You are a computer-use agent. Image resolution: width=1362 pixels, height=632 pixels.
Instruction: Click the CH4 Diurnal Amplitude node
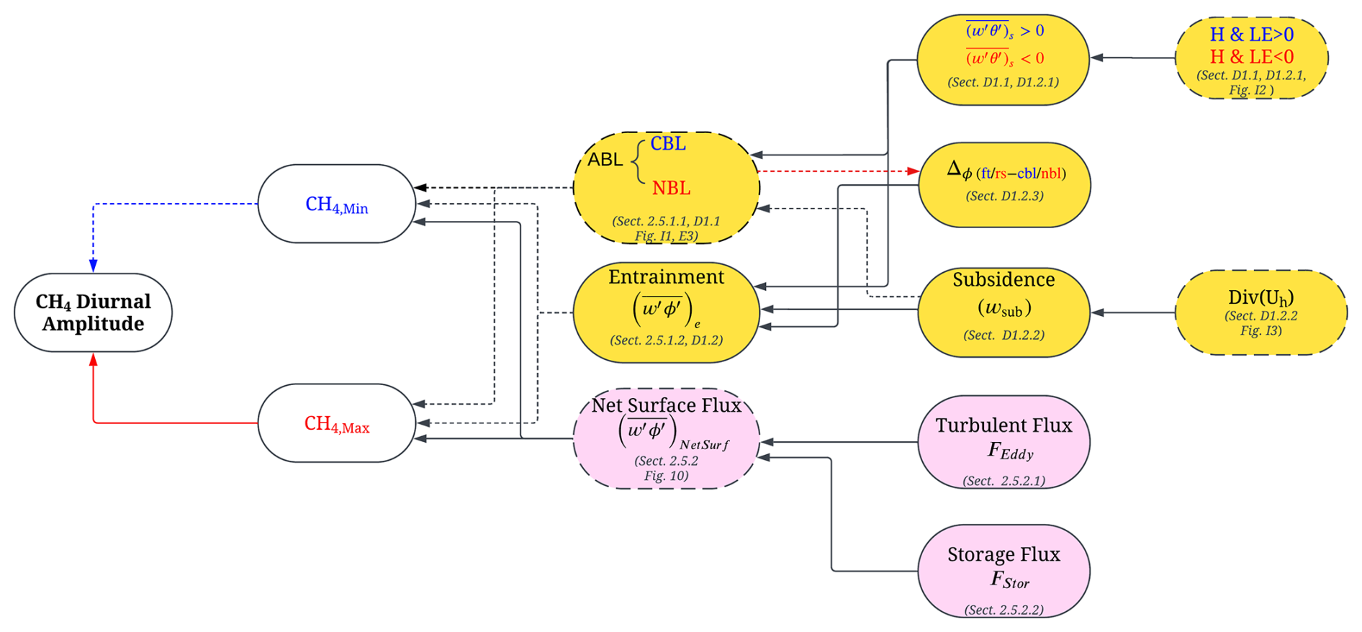(93, 312)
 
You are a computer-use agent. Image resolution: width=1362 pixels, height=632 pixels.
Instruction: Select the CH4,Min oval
(336, 204)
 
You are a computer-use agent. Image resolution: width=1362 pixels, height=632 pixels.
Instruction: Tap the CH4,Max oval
(336, 423)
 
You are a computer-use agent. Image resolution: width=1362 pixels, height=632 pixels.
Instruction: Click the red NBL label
(671, 189)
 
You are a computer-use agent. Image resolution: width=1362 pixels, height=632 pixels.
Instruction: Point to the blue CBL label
(668, 144)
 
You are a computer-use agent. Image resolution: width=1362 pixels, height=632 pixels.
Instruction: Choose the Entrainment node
(666, 311)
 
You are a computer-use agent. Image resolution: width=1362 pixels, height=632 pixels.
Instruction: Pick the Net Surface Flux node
(666, 438)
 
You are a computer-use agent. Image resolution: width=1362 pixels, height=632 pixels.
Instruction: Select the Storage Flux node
(1004, 571)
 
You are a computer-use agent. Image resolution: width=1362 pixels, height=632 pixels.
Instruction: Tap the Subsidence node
(1004, 312)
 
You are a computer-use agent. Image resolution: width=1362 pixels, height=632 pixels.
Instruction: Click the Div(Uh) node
(1260, 312)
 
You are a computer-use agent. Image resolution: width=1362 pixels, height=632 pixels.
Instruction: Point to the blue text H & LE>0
(1251, 35)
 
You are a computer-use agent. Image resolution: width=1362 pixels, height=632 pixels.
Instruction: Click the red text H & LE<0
(1251, 57)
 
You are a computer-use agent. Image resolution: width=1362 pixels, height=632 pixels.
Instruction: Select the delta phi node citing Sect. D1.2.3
(1004, 184)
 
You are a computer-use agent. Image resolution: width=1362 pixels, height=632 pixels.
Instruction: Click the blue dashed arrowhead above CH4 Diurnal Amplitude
(93, 266)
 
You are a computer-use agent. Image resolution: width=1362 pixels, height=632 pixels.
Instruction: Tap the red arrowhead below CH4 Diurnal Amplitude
(93, 359)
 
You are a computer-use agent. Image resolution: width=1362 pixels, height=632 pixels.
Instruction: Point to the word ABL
(605, 160)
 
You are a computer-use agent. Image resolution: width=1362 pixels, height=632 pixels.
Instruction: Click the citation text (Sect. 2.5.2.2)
(1004, 610)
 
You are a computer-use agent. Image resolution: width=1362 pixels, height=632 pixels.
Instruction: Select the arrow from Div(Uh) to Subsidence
(1134, 312)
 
